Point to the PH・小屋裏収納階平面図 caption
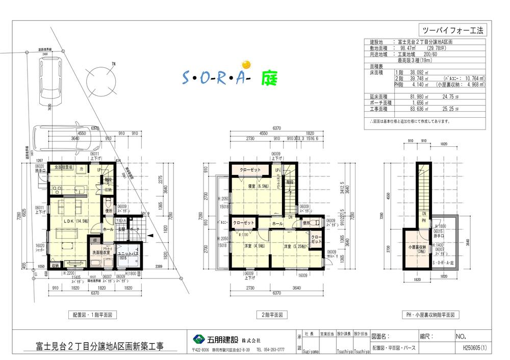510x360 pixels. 430,315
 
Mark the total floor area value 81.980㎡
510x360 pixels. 409,96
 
